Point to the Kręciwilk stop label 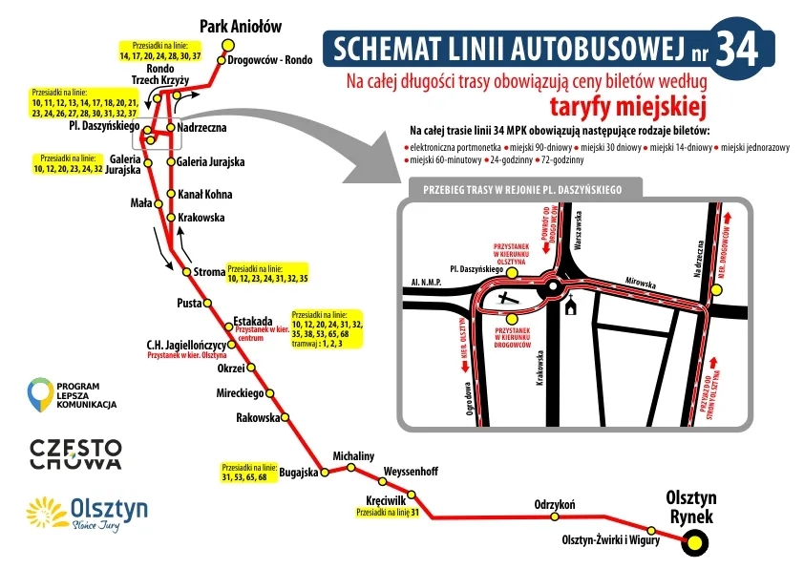[387, 499]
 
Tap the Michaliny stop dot [352, 469]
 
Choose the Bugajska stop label [298, 471]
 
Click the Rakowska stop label [258, 417]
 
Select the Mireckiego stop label [239, 392]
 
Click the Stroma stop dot [186, 273]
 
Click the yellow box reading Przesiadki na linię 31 [388, 513]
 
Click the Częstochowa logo [75, 453]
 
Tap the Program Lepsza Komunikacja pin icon [39, 393]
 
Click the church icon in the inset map [571, 306]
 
